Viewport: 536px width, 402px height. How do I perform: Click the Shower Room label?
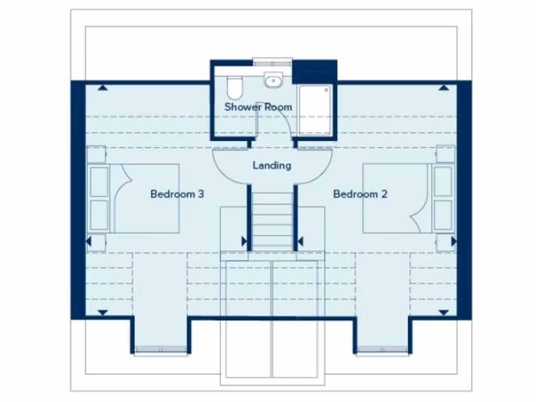click(x=258, y=107)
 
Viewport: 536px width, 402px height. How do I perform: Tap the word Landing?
click(x=272, y=165)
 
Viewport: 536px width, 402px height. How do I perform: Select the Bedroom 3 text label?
click(x=177, y=194)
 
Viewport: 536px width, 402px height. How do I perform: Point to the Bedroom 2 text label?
click(x=360, y=194)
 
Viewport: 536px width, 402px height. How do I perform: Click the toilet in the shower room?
click(x=236, y=88)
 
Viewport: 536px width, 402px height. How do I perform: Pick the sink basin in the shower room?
click(x=272, y=80)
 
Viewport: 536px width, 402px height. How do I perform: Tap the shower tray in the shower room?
click(x=315, y=110)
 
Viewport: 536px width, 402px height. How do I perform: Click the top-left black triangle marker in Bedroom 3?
click(x=103, y=88)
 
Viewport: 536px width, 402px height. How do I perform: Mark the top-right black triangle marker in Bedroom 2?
click(x=444, y=88)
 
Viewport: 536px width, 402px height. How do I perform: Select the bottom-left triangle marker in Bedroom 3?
click(x=103, y=312)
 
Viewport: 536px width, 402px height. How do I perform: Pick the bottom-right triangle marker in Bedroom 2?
click(x=444, y=312)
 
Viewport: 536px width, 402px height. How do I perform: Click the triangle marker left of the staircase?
click(x=244, y=241)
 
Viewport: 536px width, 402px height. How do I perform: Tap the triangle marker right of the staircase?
click(x=300, y=241)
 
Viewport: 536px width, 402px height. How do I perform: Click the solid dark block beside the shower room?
click(x=314, y=71)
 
